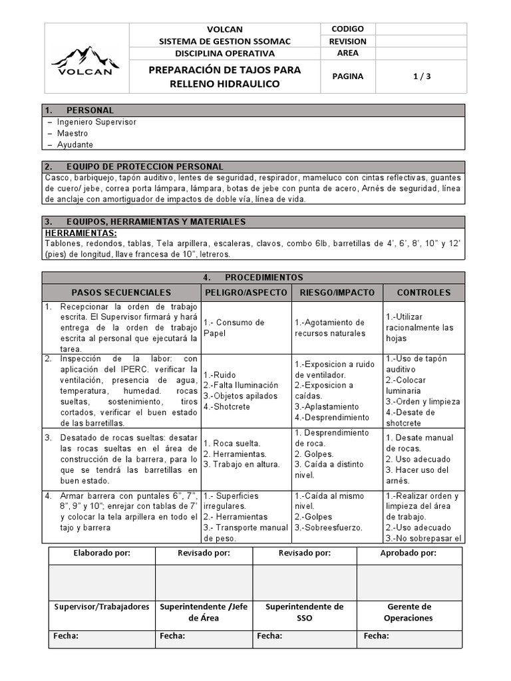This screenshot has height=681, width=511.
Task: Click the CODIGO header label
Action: (347, 29)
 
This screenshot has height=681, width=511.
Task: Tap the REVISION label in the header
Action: (347, 41)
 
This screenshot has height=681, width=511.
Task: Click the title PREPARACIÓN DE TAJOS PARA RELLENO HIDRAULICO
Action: (225, 76)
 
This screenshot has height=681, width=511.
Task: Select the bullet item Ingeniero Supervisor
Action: (96, 122)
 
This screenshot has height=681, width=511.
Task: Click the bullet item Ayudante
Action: (75, 144)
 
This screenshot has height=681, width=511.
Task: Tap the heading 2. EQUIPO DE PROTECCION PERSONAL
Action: (134, 166)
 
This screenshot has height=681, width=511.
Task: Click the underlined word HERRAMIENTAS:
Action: (81, 233)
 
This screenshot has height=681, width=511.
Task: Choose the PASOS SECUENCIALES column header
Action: (121, 293)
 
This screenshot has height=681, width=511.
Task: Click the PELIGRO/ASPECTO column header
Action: (246, 293)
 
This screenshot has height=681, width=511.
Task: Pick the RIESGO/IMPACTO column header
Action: (337, 293)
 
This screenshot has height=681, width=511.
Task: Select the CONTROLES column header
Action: (424, 293)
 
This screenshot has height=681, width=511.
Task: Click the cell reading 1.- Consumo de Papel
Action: (234, 328)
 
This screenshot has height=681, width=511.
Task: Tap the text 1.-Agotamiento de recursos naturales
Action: (330, 328)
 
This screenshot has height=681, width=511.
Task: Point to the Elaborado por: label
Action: (101, 553)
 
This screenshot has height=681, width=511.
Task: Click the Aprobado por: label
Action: (409, 553)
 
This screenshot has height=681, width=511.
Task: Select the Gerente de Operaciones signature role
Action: (409, 612)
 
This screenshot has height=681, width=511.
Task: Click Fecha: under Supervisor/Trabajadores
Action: (66, 636)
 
